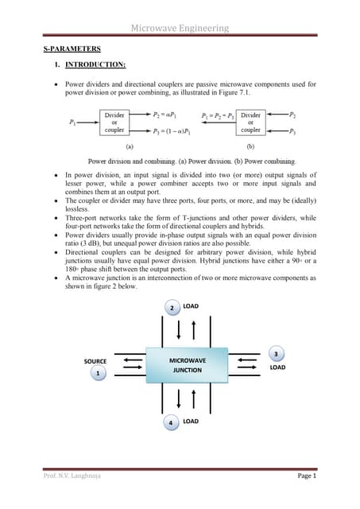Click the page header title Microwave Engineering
coord(180,28)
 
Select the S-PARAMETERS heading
coord(72,49)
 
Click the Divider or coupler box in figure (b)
coord(250,123)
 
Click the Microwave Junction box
coord(188,365)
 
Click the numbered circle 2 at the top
coord(172,306)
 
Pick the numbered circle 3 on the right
coord(275,353)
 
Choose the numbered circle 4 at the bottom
coord(170,422)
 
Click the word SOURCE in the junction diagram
coord(95,361)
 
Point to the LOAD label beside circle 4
coord(191,421)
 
